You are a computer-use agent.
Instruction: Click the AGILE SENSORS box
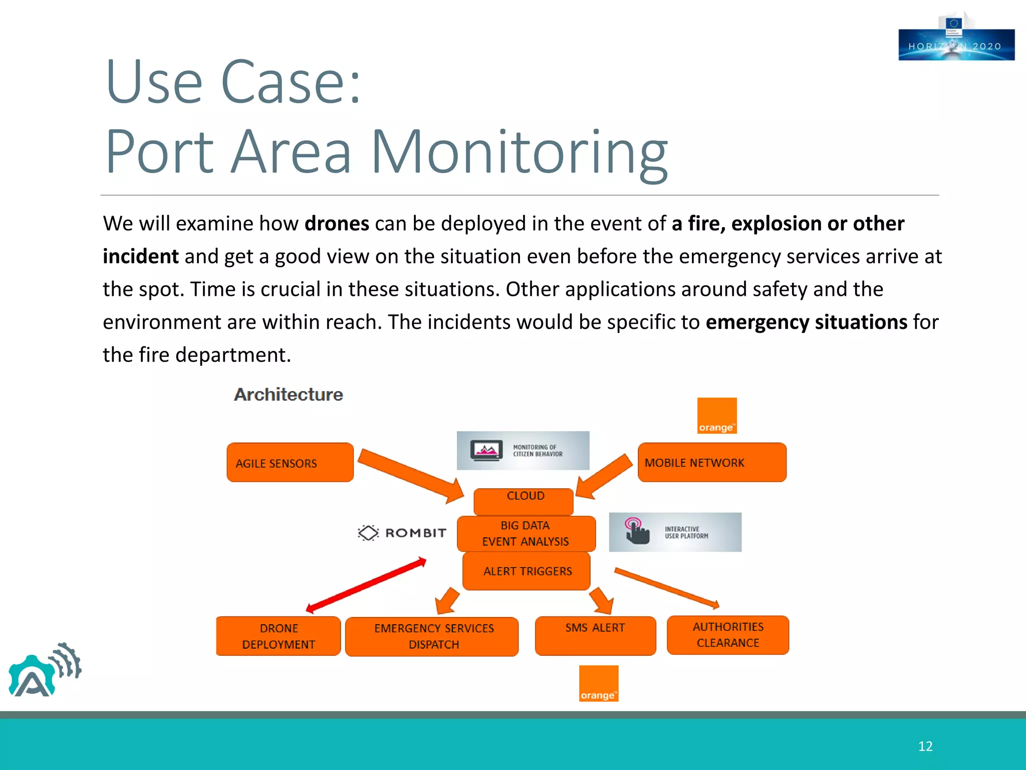coord(290,462)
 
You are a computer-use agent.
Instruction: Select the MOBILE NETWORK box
coord(711,462)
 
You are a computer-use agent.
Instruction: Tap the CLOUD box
coord(524,501)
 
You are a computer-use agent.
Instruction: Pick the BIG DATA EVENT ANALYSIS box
coord(526,533)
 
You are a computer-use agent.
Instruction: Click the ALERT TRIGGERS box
coord(526,571)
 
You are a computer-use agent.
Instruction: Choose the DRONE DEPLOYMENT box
coord(279,636)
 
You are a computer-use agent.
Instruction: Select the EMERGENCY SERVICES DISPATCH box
coord(432,636)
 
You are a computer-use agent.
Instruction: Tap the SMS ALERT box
coord(595,635)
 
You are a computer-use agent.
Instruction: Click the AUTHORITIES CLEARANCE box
coord(728,635)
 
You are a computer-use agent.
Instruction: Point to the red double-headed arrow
coord(366,585)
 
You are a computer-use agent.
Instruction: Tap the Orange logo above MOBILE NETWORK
coord(717,416)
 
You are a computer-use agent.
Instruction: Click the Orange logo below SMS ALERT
coord(599,683)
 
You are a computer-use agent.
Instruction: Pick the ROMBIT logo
coord(402,532)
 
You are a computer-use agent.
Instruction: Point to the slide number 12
coord(925,746)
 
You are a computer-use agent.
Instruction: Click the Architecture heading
coord(289,395)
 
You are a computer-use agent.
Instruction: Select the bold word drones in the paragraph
coord(337,224)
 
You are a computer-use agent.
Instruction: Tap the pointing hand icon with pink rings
coord(636,531)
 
